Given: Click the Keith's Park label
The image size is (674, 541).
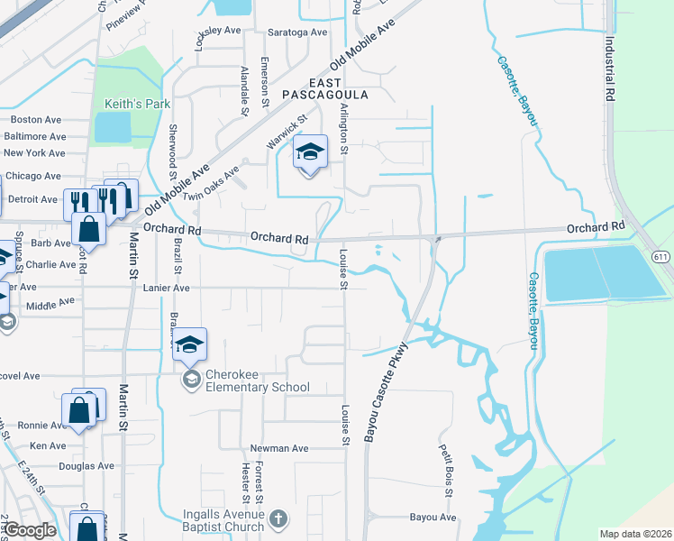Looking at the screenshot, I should pyautogui.click(x=137, y=104).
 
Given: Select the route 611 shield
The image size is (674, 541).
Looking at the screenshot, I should pyautogui.click(x=662, y=257).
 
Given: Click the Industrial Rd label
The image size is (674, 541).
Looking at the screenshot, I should pyautogui.click(x=610, y=69).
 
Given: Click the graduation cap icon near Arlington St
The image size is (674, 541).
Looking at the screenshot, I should pyautogui.click(x=310, y=153).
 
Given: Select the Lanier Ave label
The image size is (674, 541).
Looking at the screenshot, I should pyautogui.click(x=166, y=288).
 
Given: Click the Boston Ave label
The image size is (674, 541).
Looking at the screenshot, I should pyautogui.click(x=35, y=119).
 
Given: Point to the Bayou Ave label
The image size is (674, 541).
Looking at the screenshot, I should pyautogui.click(x=433, y=518).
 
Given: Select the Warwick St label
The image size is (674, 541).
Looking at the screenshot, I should pyautogui.click(x=287, y=132).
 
